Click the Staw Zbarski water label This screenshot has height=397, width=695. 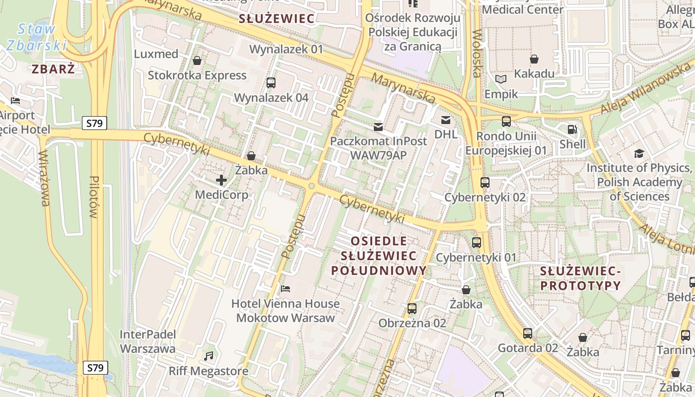point(37,37)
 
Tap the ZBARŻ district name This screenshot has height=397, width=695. point(54,69)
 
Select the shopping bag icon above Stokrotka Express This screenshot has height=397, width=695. point(197,61)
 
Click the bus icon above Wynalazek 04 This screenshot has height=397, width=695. point(271,83)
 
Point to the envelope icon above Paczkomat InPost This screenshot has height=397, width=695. point(379,127)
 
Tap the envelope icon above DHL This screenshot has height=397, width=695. point(445,120)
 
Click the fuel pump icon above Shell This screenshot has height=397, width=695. point(572,130)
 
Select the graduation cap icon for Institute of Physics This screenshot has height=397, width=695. point(639,153)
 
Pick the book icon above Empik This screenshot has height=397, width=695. point(501,79)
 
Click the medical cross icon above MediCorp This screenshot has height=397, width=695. point(221,180)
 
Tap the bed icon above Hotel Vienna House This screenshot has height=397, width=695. point(285,288)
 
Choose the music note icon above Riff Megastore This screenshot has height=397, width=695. point(208,356)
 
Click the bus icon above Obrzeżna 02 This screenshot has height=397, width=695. point(412,309)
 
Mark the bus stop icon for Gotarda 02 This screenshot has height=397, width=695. point(528,333)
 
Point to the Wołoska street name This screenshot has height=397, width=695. point(477,54)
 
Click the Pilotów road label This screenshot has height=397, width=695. point(94,197)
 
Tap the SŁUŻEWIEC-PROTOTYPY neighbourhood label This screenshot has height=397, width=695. point(580,278)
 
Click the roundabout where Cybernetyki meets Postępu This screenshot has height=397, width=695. point(312,186)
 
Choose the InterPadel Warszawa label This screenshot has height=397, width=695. point(147,341)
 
